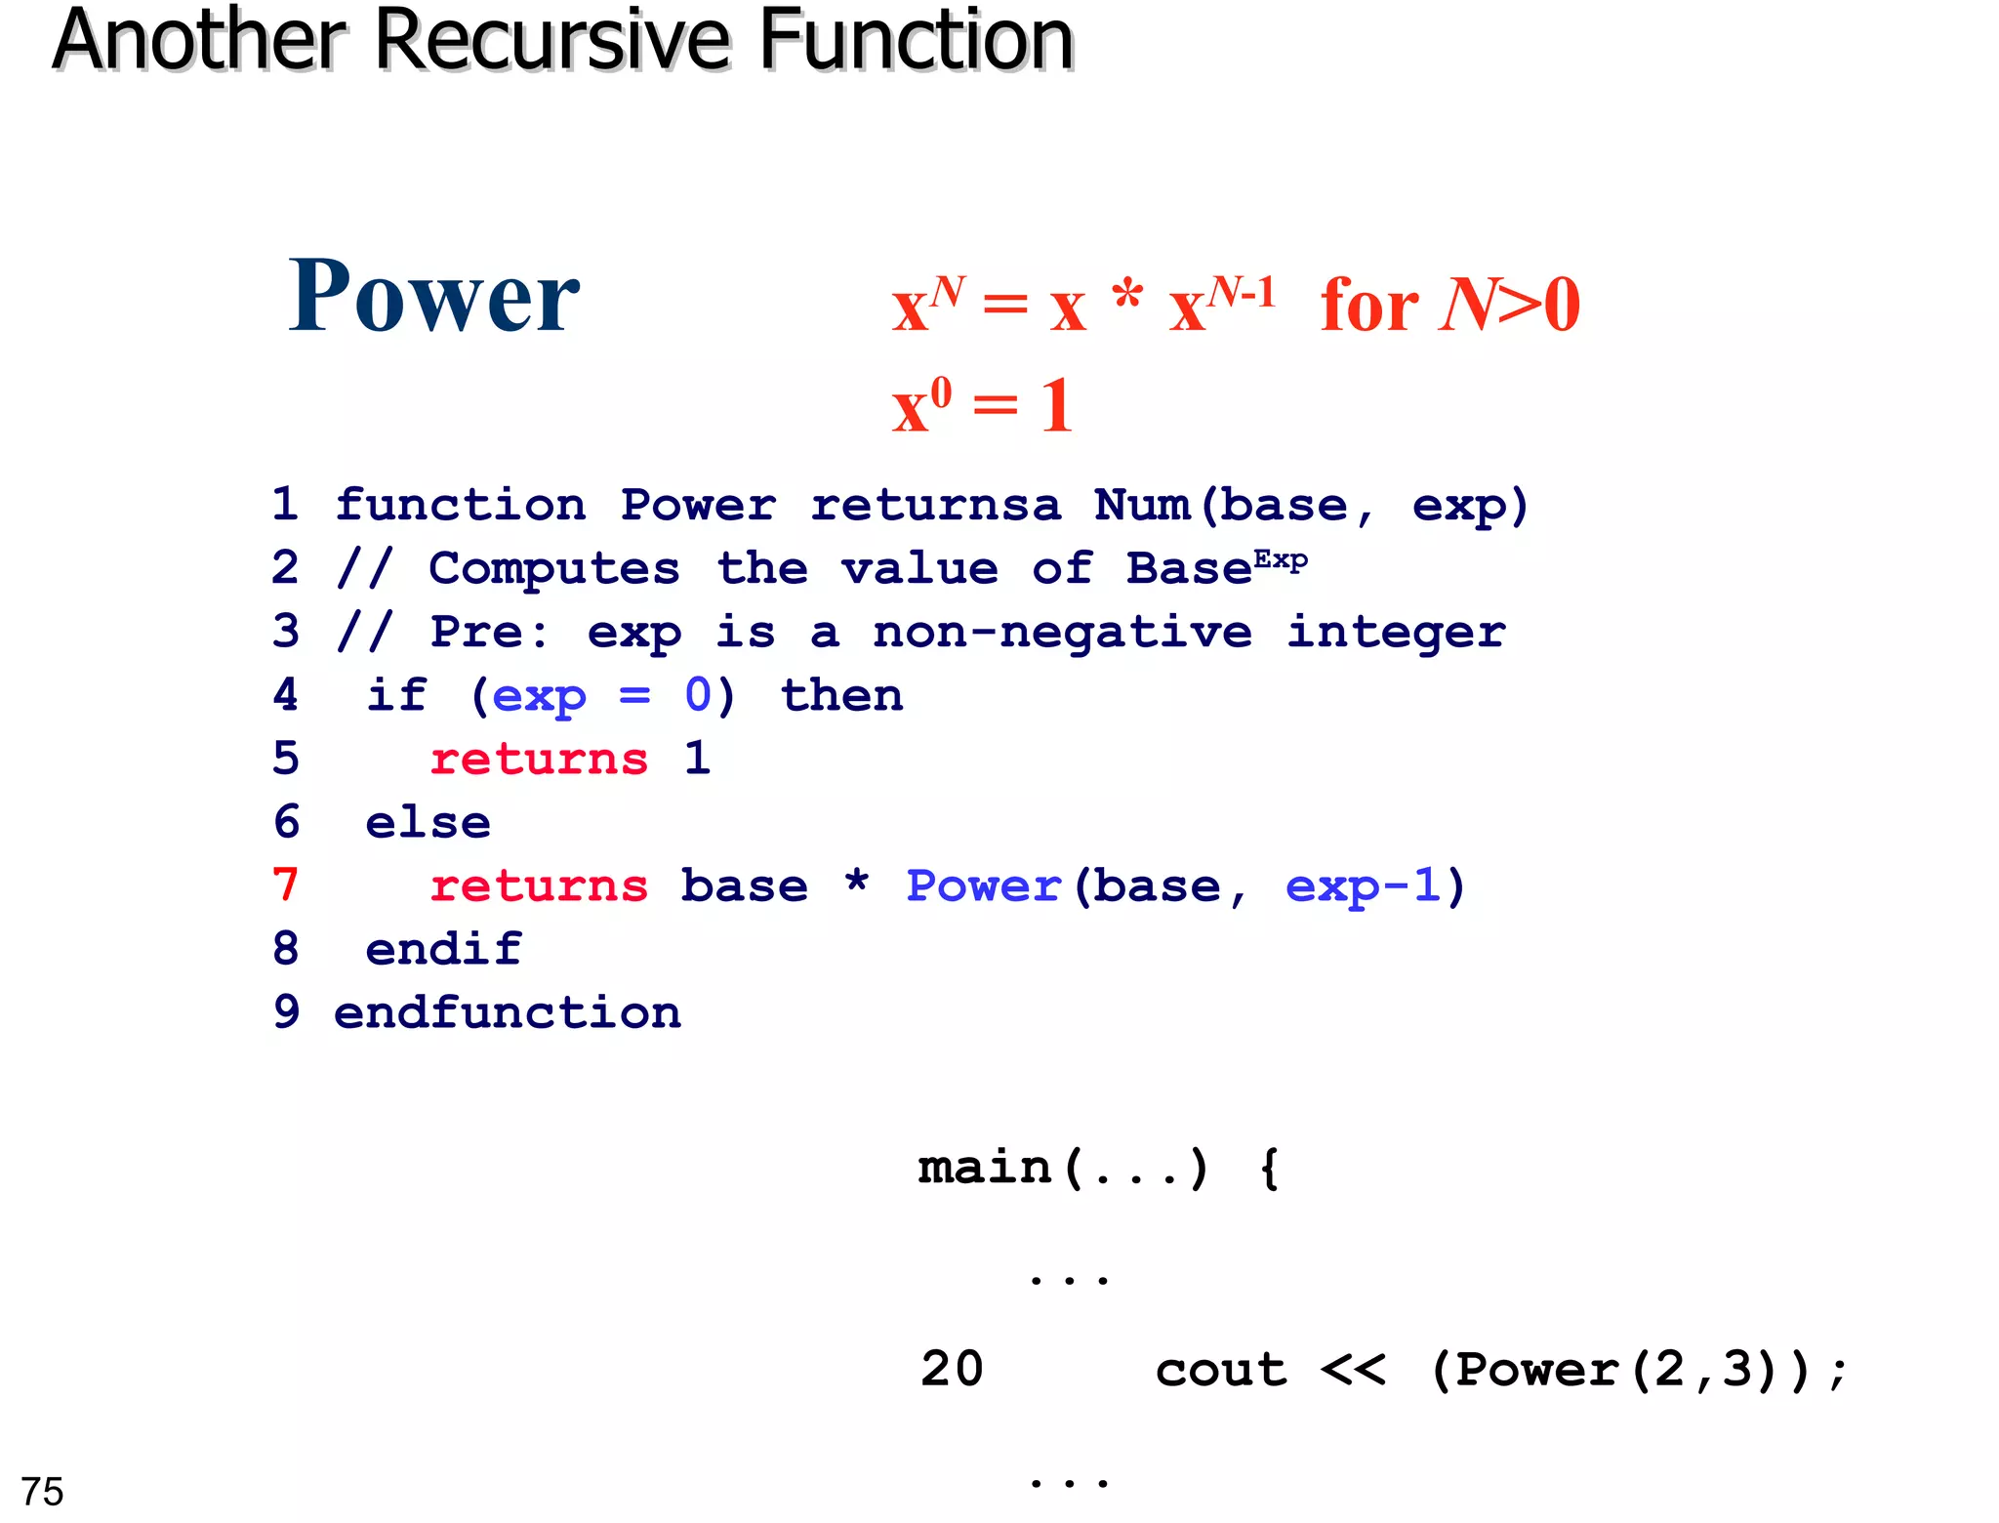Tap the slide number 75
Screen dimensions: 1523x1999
[42, 1492]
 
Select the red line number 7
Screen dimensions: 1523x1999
[285, 885]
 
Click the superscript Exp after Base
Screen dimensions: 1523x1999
[1281, 560]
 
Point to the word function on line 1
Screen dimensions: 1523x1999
[461, 506]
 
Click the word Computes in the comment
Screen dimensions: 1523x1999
[554, 569]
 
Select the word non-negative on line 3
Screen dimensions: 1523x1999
[1062, 633]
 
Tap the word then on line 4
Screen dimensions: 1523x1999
[841, 696]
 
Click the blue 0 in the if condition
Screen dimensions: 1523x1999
[698, 696]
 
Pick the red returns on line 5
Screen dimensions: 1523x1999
[539, 760]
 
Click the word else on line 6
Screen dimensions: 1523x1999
[428, 823]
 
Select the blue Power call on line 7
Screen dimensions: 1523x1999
[983, 886]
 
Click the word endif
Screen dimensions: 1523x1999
[443, 950]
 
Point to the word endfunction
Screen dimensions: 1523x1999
[508, 1013]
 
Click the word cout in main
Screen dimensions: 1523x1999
[1221, 1370]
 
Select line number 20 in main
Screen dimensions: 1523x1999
[952, 1370]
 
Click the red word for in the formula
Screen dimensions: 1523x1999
[1368, 306]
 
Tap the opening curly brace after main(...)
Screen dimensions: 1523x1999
[1269, 1169]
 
